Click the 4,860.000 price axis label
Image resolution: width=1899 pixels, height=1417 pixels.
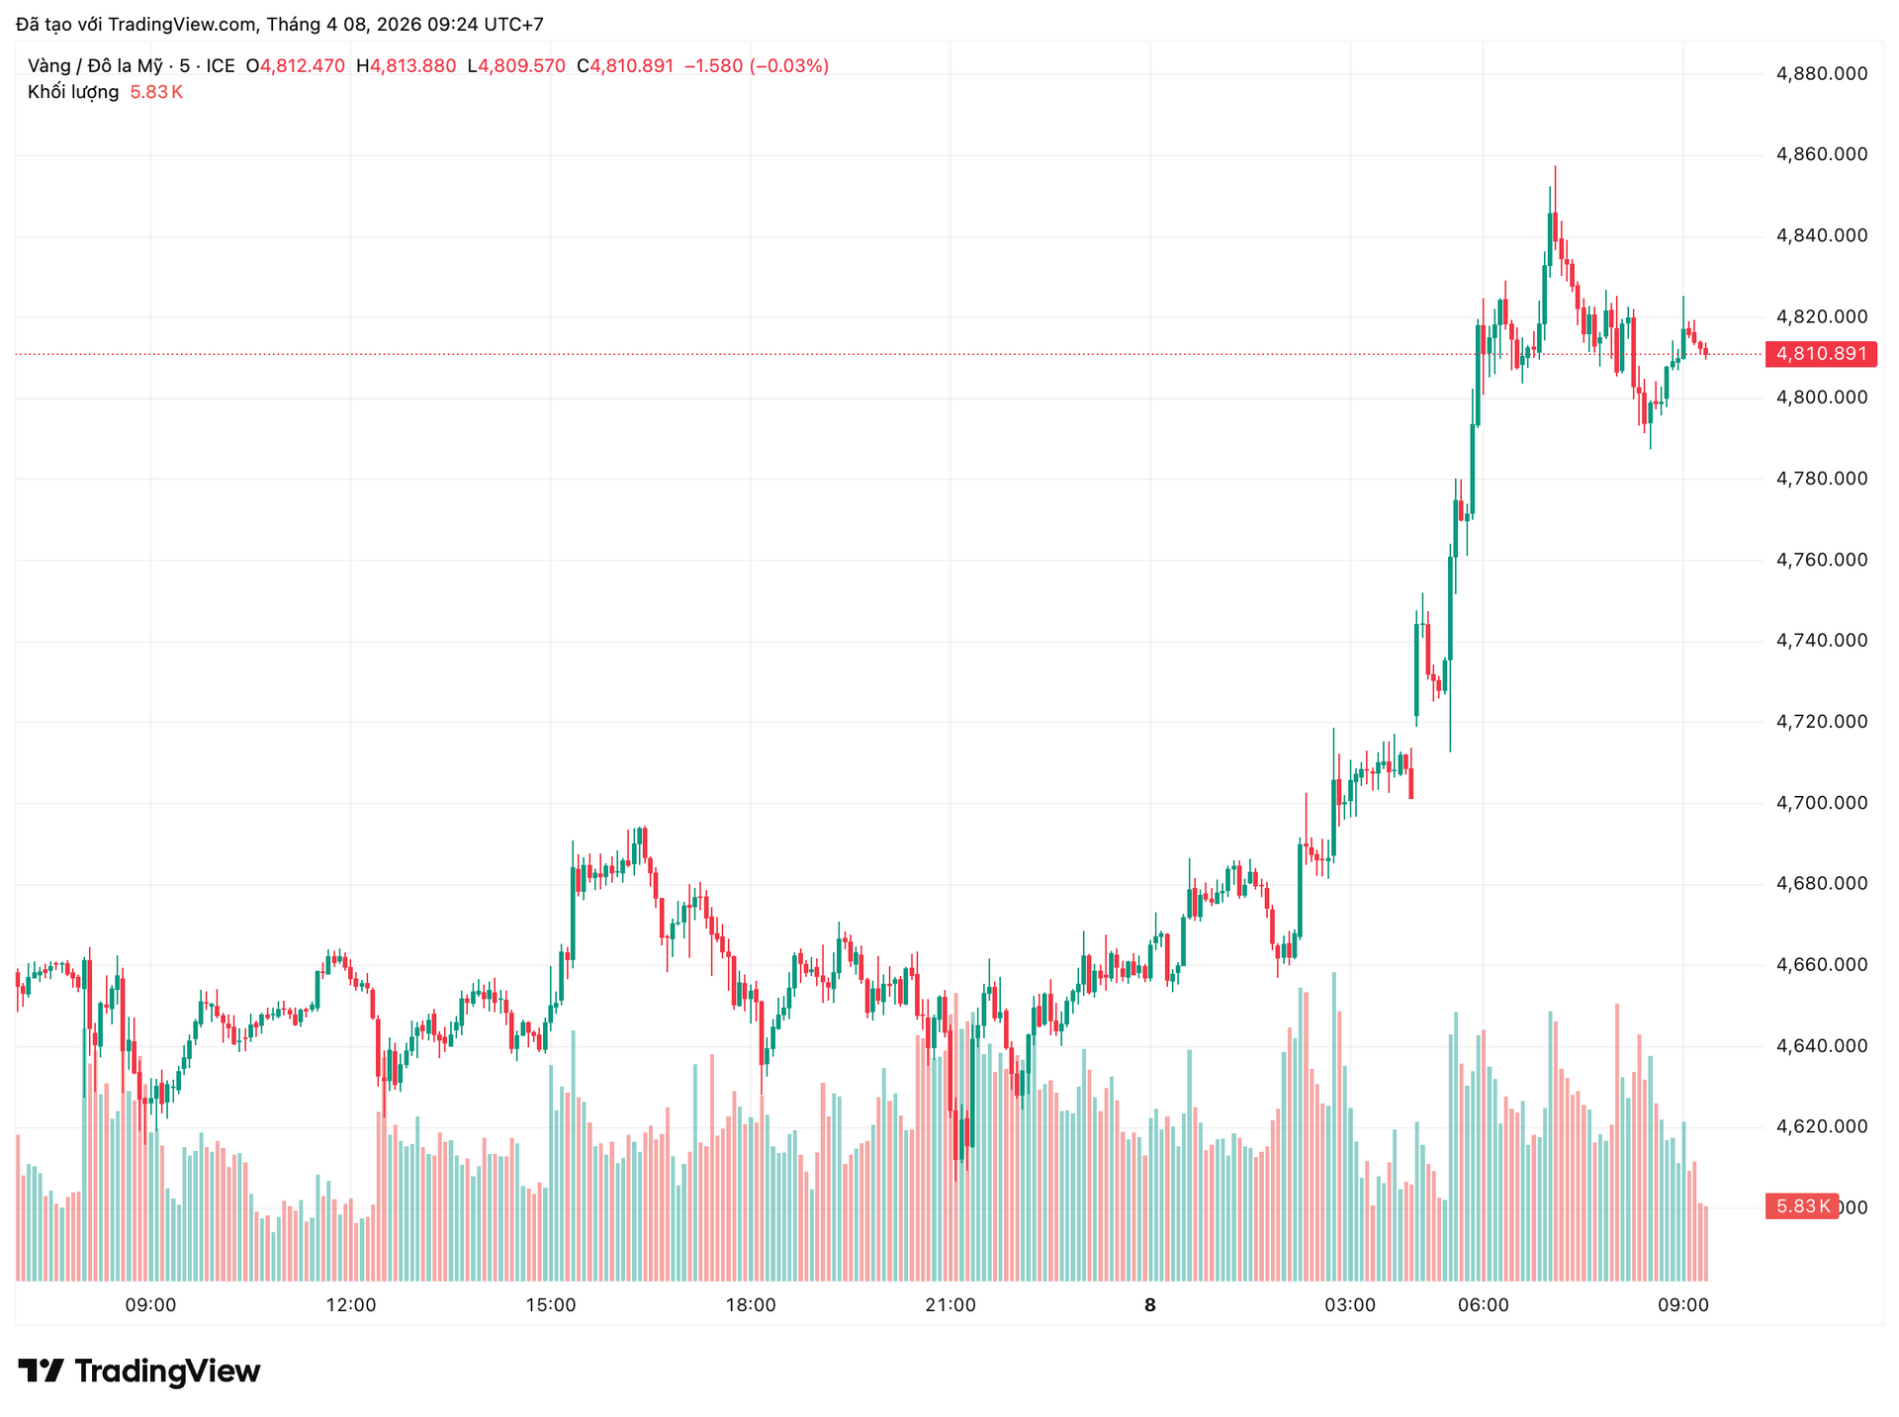tap(1822, 154)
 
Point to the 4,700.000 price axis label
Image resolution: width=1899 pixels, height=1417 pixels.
tap(1822, 803)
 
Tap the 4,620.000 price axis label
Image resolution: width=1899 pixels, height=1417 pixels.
tap(1822, 1127)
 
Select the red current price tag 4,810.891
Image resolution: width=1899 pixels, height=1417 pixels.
tap(1821, 354)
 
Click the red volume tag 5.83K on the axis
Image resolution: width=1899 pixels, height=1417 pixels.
tap(1801, 1206)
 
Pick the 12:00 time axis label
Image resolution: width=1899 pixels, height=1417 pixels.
tap(351, 1305)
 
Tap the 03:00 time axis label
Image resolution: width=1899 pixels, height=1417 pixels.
tap(1350, 1305)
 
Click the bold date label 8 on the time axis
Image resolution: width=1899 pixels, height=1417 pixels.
tap(1149, 1305)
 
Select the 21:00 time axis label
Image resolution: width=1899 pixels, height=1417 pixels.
tap(950, 1305)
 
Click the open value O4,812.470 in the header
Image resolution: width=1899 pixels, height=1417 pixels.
tap(296, 66)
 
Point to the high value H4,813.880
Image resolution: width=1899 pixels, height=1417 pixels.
tap(407, 66)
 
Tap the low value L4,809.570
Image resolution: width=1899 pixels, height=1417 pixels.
tap(516, 66)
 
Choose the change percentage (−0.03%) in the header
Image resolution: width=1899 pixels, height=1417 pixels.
tap(789, 66)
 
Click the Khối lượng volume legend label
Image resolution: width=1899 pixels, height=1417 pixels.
tap(73, 92)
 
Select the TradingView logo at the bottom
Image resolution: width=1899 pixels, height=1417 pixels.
tap(139, 1371)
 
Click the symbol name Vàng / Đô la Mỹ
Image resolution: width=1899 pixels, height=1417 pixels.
tap(95, 66)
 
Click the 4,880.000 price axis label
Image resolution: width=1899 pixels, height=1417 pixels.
tap(1822, 73)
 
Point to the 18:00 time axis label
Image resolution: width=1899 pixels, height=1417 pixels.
tap(751, 1305)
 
